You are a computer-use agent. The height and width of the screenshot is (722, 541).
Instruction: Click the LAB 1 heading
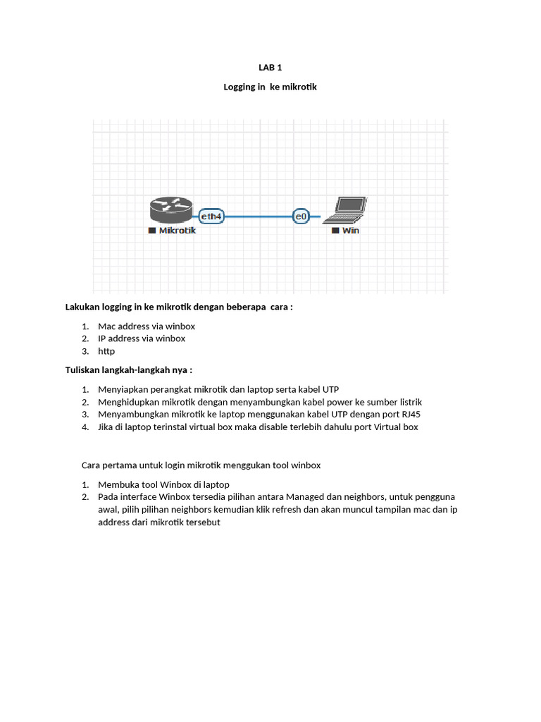point(270,68)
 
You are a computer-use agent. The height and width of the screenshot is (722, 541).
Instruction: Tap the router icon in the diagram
point(170,209)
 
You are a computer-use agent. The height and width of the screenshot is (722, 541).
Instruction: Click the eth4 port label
point(211,216)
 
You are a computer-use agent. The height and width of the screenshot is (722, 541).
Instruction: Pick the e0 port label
point(301,216)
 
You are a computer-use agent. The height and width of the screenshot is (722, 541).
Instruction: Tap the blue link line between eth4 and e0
point(259,216)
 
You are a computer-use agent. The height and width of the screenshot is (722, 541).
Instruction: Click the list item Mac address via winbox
point(147,326)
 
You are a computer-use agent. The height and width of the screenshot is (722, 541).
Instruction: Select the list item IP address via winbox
point(142,338)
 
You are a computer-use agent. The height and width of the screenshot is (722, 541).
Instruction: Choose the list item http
point(106,351)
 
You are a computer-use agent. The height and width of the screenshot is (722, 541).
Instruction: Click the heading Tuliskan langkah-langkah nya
point(128,370)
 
